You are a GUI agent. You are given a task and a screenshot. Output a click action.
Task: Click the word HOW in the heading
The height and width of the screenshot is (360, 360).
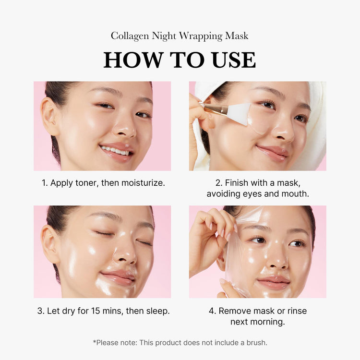[x=133, y=60]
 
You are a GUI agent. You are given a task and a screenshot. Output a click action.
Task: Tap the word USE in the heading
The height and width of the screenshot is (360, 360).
[x=233, y=60]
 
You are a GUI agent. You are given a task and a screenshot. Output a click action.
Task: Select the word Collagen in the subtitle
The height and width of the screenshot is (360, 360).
[x=130, y=36]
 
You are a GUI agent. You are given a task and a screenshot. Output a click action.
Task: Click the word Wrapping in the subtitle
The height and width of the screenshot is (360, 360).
[x=201, y=36]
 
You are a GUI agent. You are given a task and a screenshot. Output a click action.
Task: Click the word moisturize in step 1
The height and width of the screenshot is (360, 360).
[x=142, y=183]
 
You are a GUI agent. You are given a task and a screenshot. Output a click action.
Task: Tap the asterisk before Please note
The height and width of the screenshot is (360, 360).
[x=95, y=341]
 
